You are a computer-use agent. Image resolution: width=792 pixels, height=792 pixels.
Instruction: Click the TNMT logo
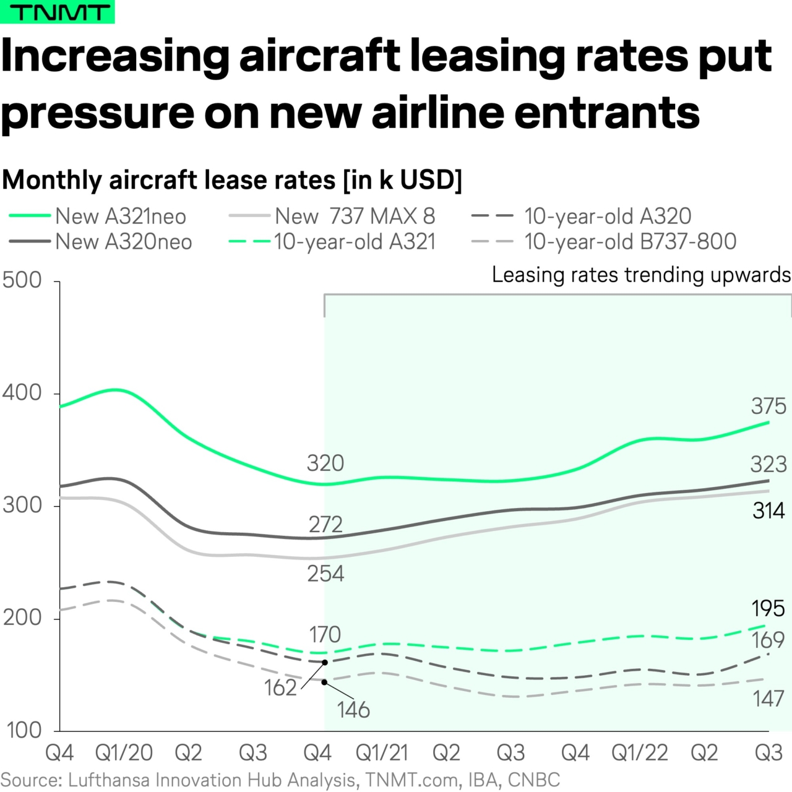click(x=57, y=12)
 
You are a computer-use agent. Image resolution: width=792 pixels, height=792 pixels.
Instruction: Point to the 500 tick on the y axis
click(x=22, y=280)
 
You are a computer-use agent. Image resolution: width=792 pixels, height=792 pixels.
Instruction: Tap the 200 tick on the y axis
click(x=22, y=618)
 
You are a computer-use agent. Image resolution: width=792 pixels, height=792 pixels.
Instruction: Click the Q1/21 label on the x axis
click(x=382, y=753)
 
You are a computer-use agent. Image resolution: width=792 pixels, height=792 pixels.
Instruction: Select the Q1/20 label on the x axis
click(x=124, y=753)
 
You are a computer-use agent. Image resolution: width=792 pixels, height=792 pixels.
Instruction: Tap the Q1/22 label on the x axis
click(x=640, y=753)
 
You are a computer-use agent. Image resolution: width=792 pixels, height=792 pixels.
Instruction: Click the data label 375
click(x=768, y=407)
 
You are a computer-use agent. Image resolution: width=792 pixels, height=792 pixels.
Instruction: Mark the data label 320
click(x=325, y=463)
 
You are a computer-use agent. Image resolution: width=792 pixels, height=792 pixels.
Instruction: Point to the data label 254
click(x=325, y=574)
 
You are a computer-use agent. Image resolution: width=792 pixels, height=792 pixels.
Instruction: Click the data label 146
click(x=353, y=710)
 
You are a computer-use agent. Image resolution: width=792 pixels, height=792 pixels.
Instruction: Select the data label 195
click(x=768, y=609)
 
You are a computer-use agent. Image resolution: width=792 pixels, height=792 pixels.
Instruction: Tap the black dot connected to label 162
click(x=325, y=663)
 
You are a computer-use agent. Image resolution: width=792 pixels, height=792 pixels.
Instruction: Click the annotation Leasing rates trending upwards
click(x=641, y=275)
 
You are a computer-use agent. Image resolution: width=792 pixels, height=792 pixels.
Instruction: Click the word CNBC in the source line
click(x=533, y=780)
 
